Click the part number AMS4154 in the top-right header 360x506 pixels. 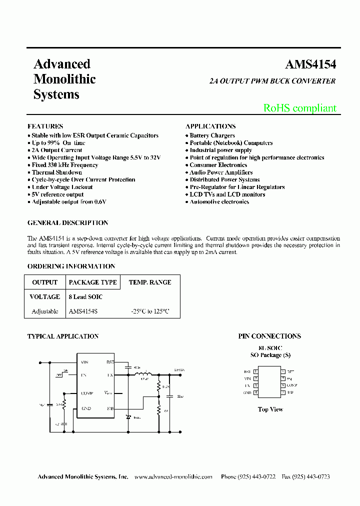pyautogui.click(x=310, y=65)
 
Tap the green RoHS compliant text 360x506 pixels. pyautogui.click(x=299, y=108)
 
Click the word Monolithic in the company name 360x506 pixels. pyautogui.click(x=64, y=79)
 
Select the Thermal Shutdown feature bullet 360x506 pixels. pyautogui.click(x=56, y=172)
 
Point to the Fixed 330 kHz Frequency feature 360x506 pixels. pyautogui.click(x=64, y=165)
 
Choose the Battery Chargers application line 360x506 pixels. pyautogui.click(x=212, y=135)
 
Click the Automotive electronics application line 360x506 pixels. pyautogui.click(x=219, y=202)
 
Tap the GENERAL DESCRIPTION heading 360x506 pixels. pyautogui.click(x=67, y=223)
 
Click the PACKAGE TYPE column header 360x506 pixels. pyautogui.click(x=92, y=282)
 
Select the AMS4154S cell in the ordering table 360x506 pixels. pyautogui.click(x=83, y=311)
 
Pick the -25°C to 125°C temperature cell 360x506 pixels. pyautogui.click(x=150, y=311)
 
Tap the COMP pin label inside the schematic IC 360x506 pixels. pyautogui.click(x=86, y=393)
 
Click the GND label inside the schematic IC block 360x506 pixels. pyautogui.click(x=86, y=408)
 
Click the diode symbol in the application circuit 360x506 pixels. pyautogui.click(x=128, y=416)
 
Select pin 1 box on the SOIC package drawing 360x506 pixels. pyautogui.click(x=255, y=371)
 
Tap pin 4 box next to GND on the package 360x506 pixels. pyautogui.click(x=255, y=392)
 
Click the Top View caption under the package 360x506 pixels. pyautogui.click(x=270, y=409)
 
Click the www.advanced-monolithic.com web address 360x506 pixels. pyautogui.click(x=173, y=477)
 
